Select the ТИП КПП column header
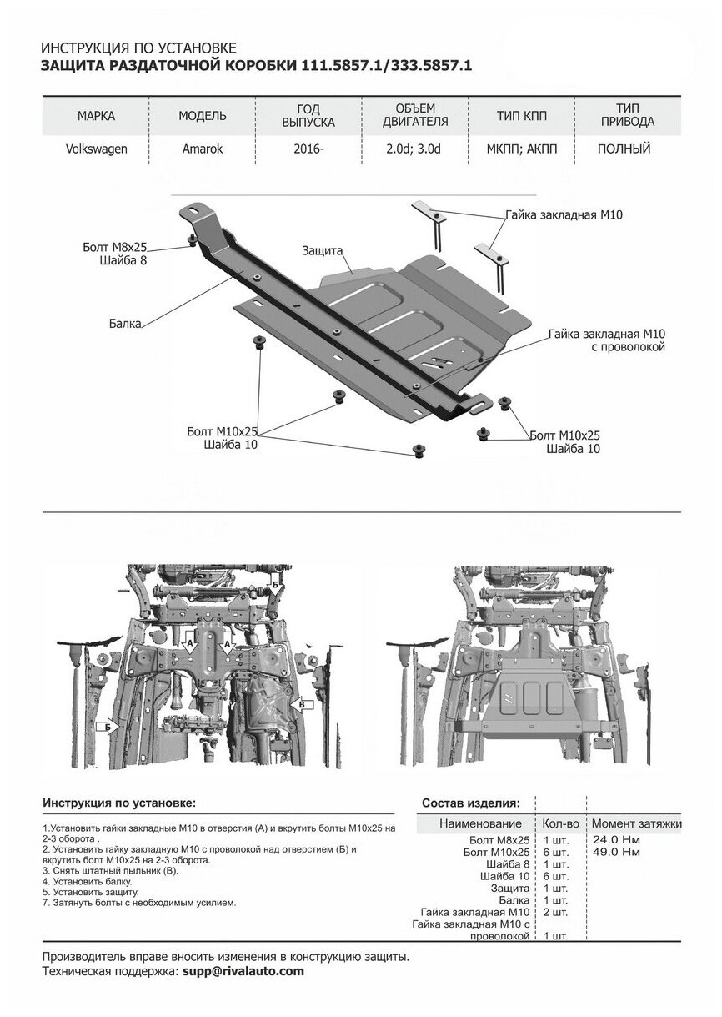[522, 115]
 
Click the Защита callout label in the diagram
[323, 249]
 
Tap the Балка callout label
[124, 320]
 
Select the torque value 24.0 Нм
[615, 839]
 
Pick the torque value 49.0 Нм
[615, 852]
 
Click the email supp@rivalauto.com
[243, 972]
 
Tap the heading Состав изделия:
[471, 803]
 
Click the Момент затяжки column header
[637, 823]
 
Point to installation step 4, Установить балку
[87, 881]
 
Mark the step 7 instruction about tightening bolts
[139, 903]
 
